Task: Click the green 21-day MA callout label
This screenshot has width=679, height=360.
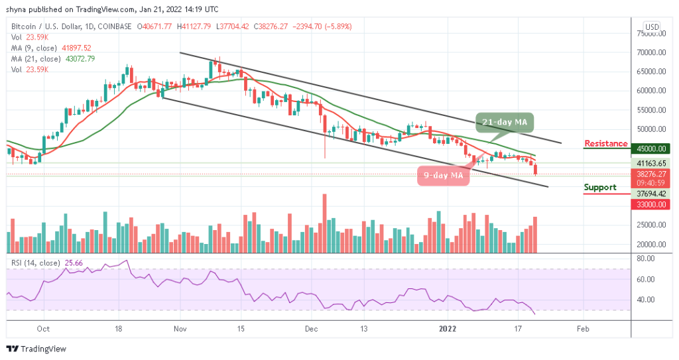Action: click(505, 123)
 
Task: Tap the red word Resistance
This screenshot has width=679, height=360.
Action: click(605, 144)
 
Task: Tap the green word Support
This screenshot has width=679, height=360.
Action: click(600, 188)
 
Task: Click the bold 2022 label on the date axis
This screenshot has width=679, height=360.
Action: click(448, 328)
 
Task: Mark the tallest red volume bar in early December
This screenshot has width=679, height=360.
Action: click(324, 223)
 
